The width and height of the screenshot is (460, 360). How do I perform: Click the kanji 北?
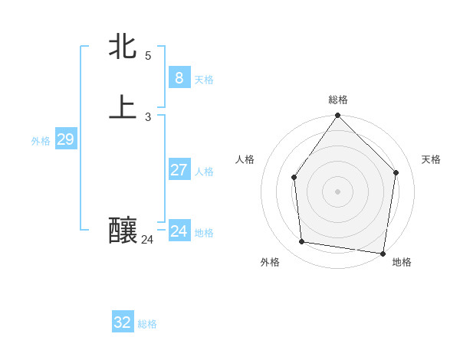click(x=123, y=46)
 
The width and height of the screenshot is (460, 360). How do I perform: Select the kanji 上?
click(x=123, y=106)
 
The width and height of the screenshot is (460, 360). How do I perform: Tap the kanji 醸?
click(x=123, y=229)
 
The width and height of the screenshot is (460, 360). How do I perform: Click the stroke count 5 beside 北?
click(x=148, y=55)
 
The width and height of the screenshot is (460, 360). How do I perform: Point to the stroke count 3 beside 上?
click(x=148, y=116)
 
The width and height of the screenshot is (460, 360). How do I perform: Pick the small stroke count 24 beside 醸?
click(x=147, y=240)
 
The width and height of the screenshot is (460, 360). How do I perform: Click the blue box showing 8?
click(x=179, y=78)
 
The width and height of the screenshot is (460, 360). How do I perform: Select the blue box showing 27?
click(x=179, y=170)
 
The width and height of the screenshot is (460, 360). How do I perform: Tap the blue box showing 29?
click(x=65, y=139)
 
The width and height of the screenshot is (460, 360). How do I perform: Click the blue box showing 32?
click(x=123, y=322)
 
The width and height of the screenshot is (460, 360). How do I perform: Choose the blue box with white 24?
click(x=179, y=231)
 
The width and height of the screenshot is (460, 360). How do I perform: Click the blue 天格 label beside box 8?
click(x=204, y=80)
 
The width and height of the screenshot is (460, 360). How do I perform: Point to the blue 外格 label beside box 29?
click(x=41, y=141)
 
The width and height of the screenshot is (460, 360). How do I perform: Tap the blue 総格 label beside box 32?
click(x=147, y=324)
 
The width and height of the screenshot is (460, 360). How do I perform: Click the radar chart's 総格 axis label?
click(x=338, y=100)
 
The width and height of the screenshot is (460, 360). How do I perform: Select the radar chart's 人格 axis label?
click(x=245, y=159)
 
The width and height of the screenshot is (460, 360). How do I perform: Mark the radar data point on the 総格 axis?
click(x=338, y=116)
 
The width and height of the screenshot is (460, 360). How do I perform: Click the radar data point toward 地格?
click(x=383, y=253)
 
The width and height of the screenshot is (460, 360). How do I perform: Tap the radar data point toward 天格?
click(x=396, y=172)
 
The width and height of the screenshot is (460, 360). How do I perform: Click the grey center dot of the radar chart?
click(x=338, y=191)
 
